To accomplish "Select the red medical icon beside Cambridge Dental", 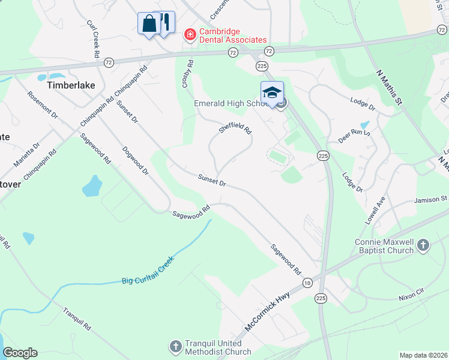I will pos(190,35).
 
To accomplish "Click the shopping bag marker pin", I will pos(148,25).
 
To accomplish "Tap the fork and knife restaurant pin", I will pos(164,23).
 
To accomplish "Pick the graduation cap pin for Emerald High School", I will pos(272,93).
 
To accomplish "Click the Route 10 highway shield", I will pos(307,283).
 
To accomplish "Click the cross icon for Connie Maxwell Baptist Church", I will pos(423,245).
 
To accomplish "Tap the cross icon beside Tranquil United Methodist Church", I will pos(175,347).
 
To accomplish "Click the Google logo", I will pos(20,353).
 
